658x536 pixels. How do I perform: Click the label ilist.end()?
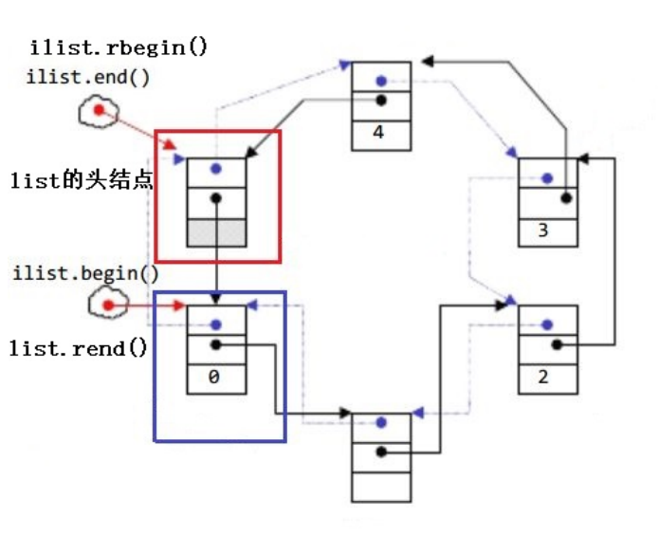tap(87, 78)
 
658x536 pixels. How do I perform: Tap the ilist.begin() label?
tap(85, 274)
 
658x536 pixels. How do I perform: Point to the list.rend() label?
tap(79, 348)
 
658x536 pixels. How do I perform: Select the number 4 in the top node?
tap(379, 133)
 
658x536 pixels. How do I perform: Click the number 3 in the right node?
tap(543, 230)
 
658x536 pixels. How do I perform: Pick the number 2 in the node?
tap(543, 376)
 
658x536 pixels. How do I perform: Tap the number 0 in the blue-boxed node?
tap(215, 376)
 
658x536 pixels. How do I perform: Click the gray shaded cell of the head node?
tap(216, 231)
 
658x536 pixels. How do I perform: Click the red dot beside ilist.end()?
tap(97, 113)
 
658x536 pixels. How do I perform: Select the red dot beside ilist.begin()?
tap(108, 305)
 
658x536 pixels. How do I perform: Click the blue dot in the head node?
tap(216, 169)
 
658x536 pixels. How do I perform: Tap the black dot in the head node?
tap(216, 199)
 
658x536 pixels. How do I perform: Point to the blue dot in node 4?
tap(380, 82)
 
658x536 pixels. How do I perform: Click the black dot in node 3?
tap(565, 198)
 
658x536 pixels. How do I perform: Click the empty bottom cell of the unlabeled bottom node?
tap(380, 485)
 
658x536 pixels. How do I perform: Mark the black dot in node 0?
tap(216, 345)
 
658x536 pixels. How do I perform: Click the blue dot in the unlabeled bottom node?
tap(380, 423)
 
